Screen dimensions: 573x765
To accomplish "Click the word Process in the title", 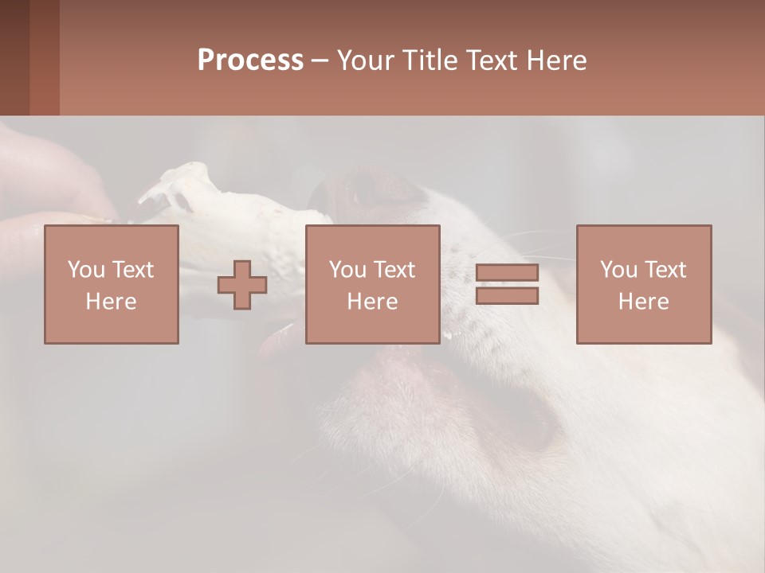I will pyautogui.click(x=250, y=60).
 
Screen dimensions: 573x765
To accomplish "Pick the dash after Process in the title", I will pyautogui.click(x=320, y=61).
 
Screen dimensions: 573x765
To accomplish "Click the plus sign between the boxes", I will pyautogui.click(x=242, y=286).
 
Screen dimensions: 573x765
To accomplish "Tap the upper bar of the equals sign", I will pyautogui.click(x=507, y=273).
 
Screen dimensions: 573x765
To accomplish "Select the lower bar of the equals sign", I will pyautogui.click(x=507, y=296).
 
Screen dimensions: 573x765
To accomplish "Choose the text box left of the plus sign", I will pyautogui.click(x=111, y=284).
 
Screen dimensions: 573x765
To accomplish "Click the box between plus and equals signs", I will pyautogui.click(x=372, y=284).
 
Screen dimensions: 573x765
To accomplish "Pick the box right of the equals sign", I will pyautogui.click(x=643, y=284).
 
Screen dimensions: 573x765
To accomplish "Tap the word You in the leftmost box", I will pyautogui.click(x=86, y=270).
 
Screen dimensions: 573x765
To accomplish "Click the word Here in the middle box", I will pyautogui.click(x=372, y=302).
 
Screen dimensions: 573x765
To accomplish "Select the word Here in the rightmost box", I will pyautogui.click(x=643, y=302).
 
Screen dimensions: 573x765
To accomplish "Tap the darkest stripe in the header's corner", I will pyautogui.click(x=14, y=57).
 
